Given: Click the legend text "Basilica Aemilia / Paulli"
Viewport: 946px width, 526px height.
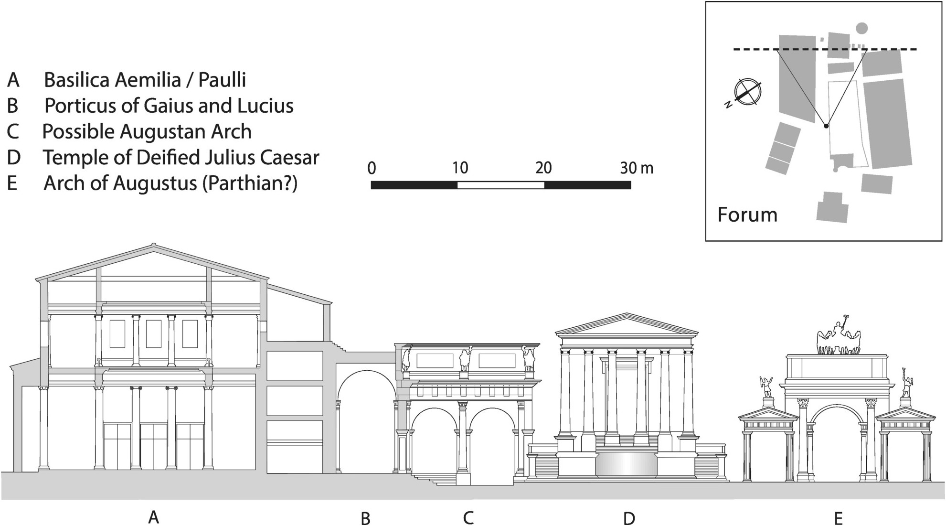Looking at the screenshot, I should (145, 80).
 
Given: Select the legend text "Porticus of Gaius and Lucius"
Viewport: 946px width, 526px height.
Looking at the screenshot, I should (169, 106).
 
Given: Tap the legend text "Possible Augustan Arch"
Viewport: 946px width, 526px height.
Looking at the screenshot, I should (147, 131).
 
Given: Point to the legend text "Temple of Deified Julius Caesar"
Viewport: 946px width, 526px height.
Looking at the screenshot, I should (181, 157).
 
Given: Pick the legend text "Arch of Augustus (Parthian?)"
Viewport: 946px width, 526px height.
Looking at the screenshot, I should (170, 183).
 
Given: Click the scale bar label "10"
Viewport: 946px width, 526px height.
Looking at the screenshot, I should (460, 168).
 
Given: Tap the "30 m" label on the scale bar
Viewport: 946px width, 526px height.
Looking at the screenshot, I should (637, 168).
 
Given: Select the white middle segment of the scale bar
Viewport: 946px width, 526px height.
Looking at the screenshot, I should (500, 185).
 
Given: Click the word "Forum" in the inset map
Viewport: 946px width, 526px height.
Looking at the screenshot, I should (747, 215).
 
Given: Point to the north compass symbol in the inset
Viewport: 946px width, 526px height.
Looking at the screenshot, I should (747, 91).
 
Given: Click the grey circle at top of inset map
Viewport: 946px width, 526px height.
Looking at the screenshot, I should (861, 29).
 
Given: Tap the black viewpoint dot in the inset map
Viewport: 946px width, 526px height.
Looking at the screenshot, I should (826, 126).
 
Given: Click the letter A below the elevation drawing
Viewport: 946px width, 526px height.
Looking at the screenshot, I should (153, 516).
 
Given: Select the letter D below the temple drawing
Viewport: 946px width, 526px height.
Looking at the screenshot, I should (629, 518).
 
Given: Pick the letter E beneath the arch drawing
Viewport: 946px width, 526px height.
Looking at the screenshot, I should (838, 518).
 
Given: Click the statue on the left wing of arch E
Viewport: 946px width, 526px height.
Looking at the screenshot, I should (766, 387).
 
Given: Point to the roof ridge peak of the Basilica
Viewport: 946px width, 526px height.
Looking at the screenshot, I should (153, 246).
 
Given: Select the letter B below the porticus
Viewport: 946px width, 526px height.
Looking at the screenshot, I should (365, 518).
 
